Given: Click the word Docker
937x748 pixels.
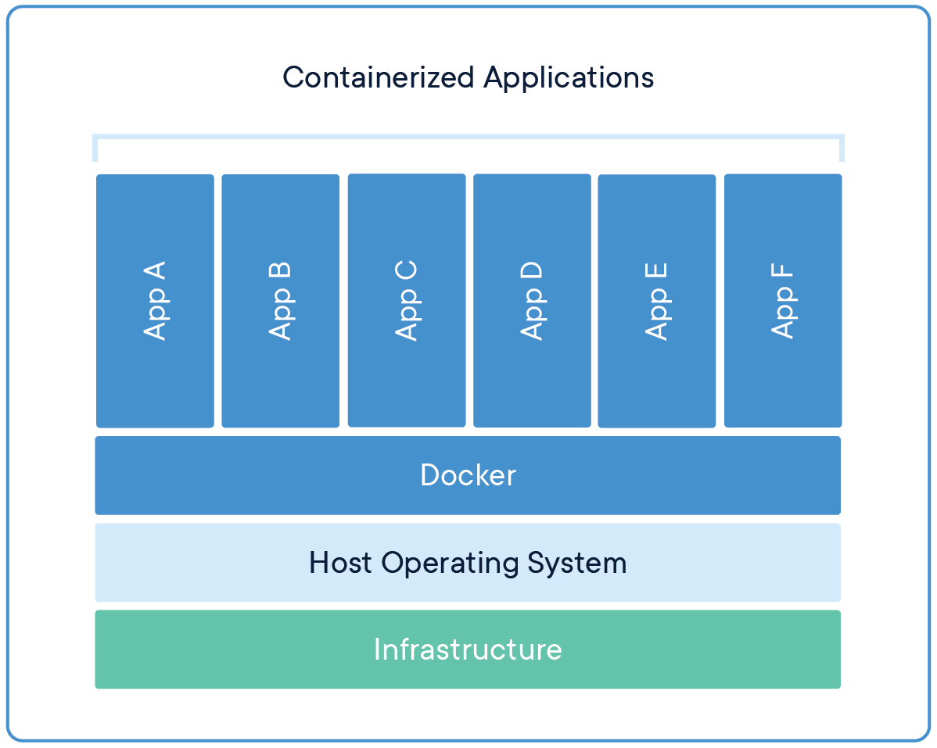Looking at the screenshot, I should (468, 475).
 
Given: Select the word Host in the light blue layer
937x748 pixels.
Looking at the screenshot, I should (340, 563).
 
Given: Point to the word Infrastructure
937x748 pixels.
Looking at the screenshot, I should (468, 650).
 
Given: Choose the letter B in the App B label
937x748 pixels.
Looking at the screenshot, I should (280, 271).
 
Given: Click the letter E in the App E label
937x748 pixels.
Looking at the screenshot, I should (656, 272).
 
